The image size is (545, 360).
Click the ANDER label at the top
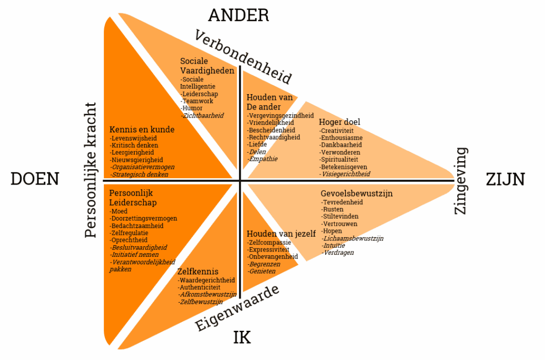(x=238, y=15)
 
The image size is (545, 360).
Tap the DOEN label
(x=35, y=179)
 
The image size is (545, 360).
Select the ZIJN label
(x=505, y=179)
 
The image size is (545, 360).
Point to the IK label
(x=242, y=337)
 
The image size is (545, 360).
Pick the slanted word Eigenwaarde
(x=237, y=308)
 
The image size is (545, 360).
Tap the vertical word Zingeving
(x=461, y=181)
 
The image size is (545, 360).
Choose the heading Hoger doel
(x=340, y=122)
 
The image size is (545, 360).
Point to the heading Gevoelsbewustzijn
(x=357, y=194)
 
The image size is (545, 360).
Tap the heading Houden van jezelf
(x=281, y=233)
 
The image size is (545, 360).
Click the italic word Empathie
(x=263, y=158)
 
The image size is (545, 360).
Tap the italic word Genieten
(x=262, y=271)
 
